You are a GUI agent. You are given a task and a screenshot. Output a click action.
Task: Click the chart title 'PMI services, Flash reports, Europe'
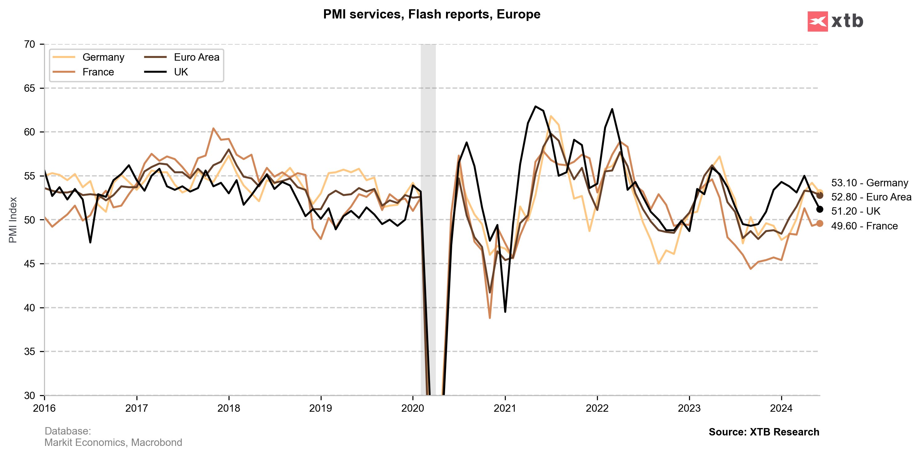pos(432,14)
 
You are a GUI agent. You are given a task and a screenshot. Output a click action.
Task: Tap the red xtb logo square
pos(817,22)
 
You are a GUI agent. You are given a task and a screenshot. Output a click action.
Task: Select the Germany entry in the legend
pos(103,57)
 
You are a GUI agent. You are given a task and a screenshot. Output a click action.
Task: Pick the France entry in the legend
pos(98,72)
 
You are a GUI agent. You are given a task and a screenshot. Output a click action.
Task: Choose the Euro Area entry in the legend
pos(196,57)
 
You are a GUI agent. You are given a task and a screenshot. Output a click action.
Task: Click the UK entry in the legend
pos(181,72)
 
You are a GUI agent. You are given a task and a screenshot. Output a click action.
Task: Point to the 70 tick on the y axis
pos(29,44)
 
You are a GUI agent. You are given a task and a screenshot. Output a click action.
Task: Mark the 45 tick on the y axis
pos(29,264)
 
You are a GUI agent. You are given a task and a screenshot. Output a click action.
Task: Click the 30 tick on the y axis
pos(29,395)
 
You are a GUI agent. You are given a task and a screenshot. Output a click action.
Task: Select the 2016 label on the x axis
pos(44,408)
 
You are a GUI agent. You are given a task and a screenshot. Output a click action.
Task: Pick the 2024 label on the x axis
pos(781,408)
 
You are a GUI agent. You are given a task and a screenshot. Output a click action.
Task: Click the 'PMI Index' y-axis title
pos(13,220)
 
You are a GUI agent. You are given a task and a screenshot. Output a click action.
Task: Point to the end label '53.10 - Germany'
pos(870,183)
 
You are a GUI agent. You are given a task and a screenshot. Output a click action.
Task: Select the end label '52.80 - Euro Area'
pos(871,197)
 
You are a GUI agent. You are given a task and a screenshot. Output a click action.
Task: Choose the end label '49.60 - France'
pos(864,226)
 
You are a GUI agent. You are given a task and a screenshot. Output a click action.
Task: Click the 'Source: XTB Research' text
pos(764,432)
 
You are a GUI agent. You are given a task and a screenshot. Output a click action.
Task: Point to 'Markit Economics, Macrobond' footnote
pos(113,442)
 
